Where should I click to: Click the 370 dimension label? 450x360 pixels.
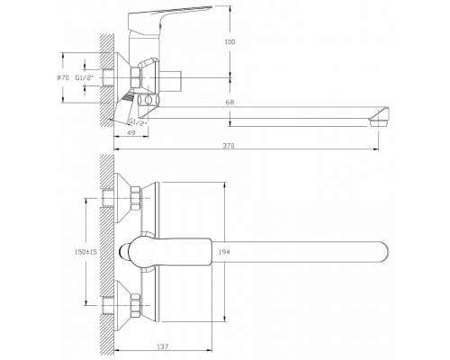pos(229,146)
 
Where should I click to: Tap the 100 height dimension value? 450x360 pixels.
pos(229,42)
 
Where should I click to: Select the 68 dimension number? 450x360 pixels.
pos(230,103)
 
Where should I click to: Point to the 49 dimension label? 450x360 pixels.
pos(131,132)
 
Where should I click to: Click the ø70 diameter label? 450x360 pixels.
pos(63,77)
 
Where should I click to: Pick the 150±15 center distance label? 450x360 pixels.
pos(85,252)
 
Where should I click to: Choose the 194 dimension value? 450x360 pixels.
pos(224,252)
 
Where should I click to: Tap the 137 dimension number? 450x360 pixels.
pos(163,346)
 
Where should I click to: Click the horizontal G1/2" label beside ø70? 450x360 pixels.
pos(85,77)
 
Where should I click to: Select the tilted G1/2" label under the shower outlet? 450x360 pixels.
pos(139,122)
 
